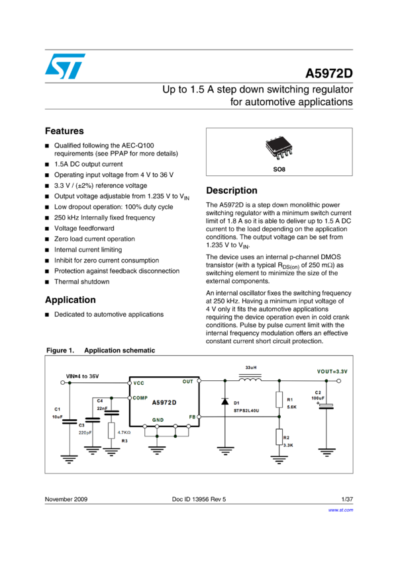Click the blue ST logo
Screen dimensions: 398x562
coord(65,66)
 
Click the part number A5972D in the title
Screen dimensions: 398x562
coord(328,73)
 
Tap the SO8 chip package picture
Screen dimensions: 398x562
coord(279,147)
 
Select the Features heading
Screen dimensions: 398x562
coord(64,131)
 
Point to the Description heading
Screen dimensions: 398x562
coord(232,190)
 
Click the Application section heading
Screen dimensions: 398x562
coord(70,300)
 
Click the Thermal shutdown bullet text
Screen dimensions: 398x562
coord(82,282)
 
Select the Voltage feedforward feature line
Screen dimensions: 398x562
coord(84,228)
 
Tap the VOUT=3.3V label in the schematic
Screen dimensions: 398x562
coord(332,372)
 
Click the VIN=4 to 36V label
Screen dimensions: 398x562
coord(82,376)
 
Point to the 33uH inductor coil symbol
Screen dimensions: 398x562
coord(250,378)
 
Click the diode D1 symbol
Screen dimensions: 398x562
coord(225,401)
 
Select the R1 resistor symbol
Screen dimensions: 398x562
coord(279,399)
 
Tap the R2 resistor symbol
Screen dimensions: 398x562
coord(279,437)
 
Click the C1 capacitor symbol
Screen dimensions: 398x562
coord(70,422)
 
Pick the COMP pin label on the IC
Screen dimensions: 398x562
coord(140,398)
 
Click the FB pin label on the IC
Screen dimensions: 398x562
coord(192,417)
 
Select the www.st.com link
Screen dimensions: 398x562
coord(340,510)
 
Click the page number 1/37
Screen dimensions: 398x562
coord(347,499)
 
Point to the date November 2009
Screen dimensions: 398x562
coord(66,499)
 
